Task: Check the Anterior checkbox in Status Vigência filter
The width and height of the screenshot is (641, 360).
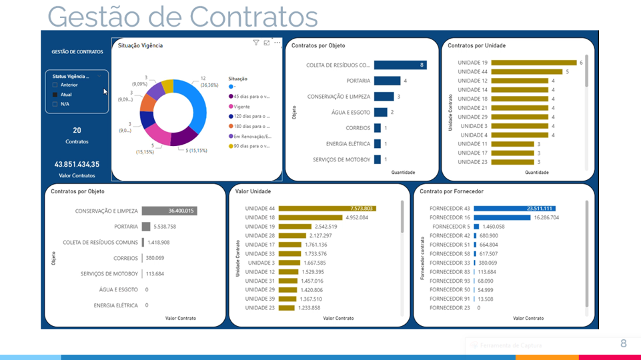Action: pyautogui.click(x=55, y=85)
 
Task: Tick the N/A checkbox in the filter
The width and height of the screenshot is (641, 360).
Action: pyautogui.click(x=55, y=104)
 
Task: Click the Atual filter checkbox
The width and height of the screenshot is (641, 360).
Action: pyautogui.click(x=55, y=95)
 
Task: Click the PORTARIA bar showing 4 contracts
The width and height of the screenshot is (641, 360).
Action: pyautogui.click(x=387, y=81)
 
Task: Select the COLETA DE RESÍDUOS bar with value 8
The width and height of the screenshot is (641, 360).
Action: pyautogui.click(x=400, y=65)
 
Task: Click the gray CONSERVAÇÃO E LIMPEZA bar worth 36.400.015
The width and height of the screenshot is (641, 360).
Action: pyautogui.click(x=169, y=211)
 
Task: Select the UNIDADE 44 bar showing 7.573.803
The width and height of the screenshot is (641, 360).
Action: pyautogui.click(x=327, y=209)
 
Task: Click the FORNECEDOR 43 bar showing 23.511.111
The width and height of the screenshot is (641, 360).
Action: pyautogui.click(x=514, y=209)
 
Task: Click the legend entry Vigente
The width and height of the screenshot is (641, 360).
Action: pyautogui.click(x=242, y=106)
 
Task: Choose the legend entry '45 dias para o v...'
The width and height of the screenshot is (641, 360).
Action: pyautogui.click(x=251, y=96)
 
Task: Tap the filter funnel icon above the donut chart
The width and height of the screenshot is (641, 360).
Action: pyautogui.click(x=256, y=43)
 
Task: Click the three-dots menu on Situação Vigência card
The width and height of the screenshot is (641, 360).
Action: pyautogui.click(x=277, y=43)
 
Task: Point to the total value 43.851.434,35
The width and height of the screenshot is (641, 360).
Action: pyautogui.click(x=77, y=164)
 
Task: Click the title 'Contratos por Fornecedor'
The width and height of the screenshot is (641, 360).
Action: pyautogui.click(x=452, y=191)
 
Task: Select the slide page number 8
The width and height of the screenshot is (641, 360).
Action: pyautogui.click(x=624, y=343)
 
